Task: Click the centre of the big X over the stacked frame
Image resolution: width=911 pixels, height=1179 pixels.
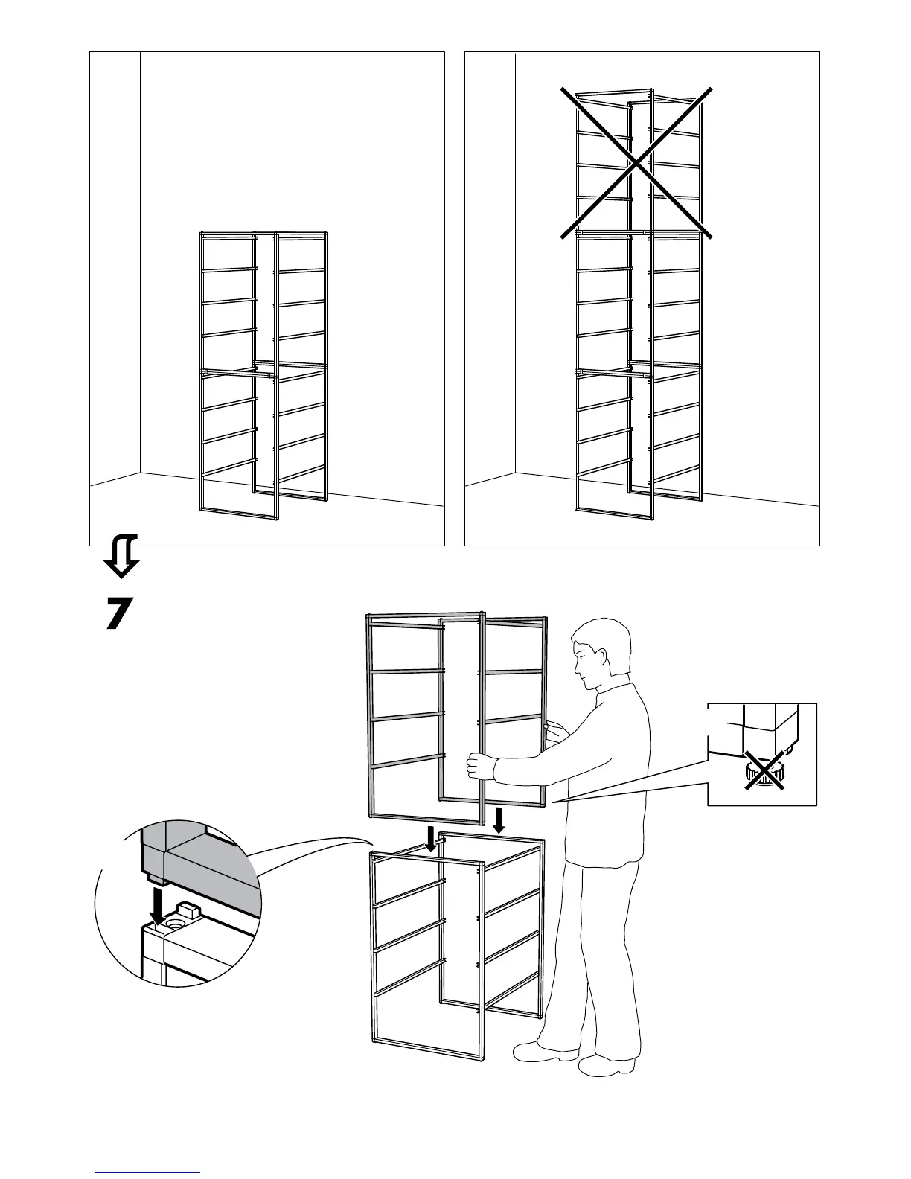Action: tap(636, 163)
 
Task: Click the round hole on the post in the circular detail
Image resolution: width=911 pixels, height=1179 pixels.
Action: tap(176, 922)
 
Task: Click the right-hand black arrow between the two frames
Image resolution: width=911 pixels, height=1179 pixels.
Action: tap(499, 819)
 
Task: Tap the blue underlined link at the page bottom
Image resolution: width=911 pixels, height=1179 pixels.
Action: tap(147, 1172)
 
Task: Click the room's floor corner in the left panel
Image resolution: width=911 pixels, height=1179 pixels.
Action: tap(140, 473)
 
